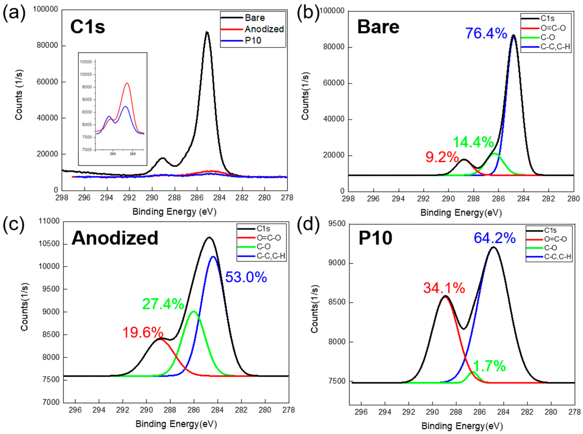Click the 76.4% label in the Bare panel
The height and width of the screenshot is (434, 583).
click(x=486, y=34)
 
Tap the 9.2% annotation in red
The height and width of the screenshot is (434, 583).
click(x=442, y=157)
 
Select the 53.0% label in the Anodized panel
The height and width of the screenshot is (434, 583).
click(x=246, y=277)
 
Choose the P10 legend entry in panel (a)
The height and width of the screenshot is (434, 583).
click(x=253, y=40)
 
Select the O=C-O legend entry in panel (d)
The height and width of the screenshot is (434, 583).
click(x=555, y=239)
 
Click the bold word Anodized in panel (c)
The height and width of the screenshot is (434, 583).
click(x=115, y=238)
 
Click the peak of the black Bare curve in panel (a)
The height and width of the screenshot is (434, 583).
click(x=207, y=32)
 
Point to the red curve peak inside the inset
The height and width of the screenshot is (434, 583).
click(x=127, y=83)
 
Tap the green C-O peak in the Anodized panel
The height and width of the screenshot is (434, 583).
click(x=194, y=311)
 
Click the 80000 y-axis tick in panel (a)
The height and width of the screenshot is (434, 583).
click(x=47, y=46)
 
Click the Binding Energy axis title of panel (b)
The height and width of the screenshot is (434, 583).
click(x=461, y=213)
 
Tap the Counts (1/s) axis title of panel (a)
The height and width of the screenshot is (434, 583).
click(x=19, y=95)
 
